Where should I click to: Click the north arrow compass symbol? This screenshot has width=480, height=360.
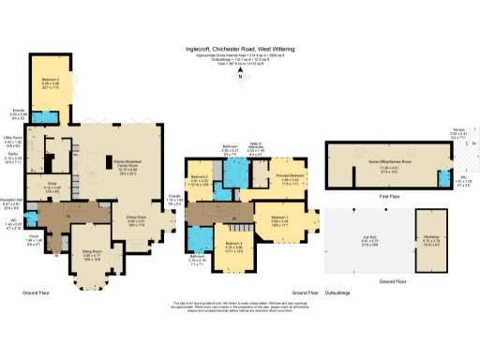click(241, 79)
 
